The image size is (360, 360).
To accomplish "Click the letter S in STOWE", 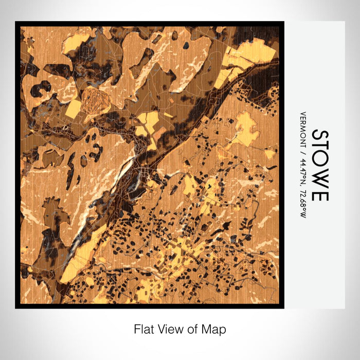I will [319, 137].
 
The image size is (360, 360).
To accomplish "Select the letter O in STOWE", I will [319, 163].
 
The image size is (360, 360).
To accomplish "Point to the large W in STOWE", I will [319, 179].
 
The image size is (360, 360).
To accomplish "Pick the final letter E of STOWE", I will [319, 194].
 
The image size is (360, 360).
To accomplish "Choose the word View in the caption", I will [167, 329].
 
